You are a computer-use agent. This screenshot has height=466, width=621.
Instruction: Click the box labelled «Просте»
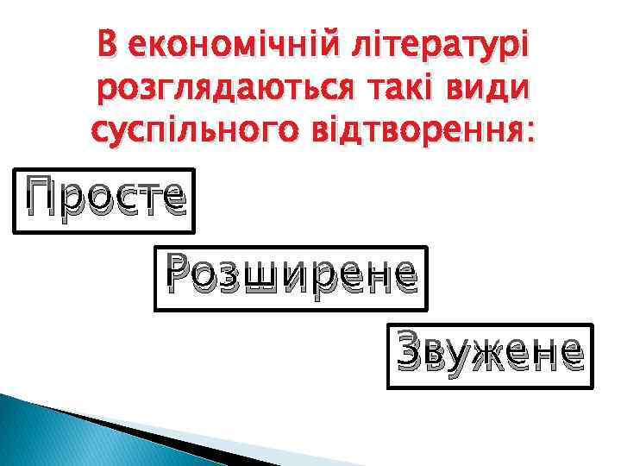pos(103,200)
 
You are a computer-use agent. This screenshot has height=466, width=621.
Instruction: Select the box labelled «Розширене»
pos(290,279)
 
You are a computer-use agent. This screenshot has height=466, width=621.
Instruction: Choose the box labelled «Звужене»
pos(490,356)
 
